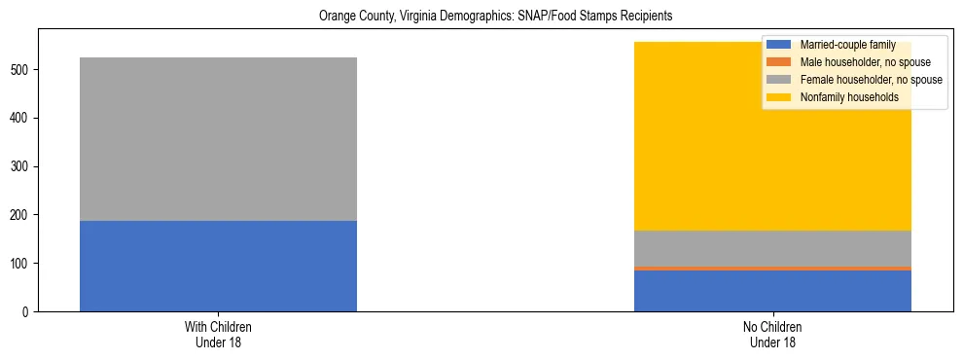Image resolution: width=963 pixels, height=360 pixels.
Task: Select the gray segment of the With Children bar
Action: point(218,139)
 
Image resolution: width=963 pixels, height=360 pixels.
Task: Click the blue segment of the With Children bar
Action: point(218,266)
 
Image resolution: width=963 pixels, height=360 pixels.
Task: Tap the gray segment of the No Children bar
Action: point(772,248)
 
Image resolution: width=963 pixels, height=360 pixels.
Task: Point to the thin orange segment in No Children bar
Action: point(772,269)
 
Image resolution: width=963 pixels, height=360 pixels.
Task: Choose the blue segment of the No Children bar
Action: point(772,291)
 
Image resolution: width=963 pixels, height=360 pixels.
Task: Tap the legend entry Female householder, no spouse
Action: point(871,80)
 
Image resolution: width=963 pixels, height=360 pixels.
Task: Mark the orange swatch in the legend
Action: point(779,62)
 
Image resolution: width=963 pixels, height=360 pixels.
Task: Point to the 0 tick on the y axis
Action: point(28,311)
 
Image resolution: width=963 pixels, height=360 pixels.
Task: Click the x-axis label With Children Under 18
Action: point(218,334)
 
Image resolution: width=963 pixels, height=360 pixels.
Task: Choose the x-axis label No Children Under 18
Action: point(772,334)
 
